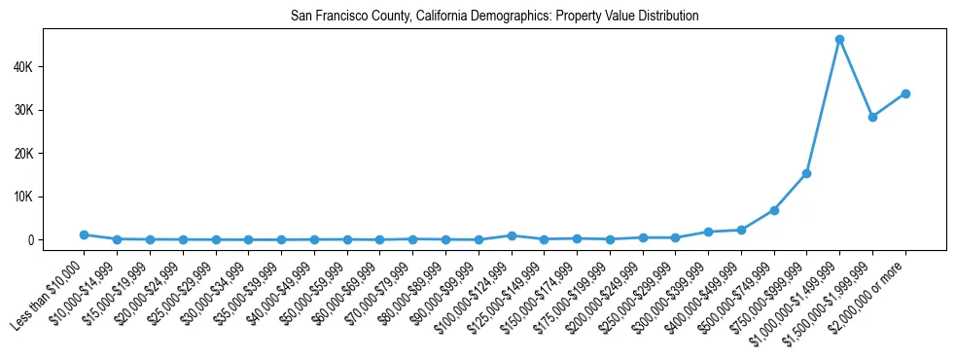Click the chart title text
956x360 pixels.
tap(494, 17)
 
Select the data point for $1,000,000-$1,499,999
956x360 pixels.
tap(839, 39)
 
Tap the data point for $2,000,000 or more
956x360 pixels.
tap(905, 93)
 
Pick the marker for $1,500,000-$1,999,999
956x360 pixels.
tap(872, 117)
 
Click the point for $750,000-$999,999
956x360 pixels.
tap(806, 173)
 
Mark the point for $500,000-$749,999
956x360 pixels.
tap(774, 210)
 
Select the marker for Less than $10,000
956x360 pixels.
tap(85, 234)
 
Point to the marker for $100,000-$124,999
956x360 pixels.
tap(512, 235)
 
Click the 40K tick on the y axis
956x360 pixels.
tap(22, 67)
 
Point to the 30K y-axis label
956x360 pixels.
tap(22, 110)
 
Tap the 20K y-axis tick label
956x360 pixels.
tap(22, 154)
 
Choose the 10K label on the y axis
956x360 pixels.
tap(22, 197)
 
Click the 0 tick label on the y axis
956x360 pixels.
tap(31, 240)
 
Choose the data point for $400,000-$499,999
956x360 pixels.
tap(741, 230)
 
